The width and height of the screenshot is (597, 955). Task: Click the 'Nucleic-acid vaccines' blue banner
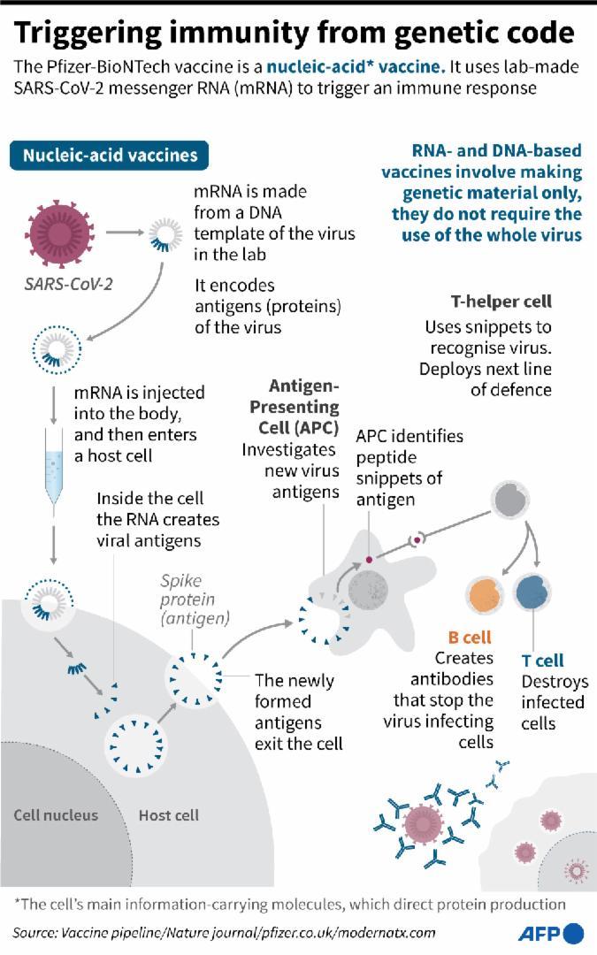[109, 156]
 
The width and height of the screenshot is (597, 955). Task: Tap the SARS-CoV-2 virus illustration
[60, 233]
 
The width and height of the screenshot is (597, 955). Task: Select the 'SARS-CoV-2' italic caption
[68, 284]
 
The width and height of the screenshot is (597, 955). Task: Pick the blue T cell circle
[532, 592]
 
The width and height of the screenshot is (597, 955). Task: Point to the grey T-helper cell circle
[510, 500]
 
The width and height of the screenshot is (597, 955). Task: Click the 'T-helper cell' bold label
[501, 302]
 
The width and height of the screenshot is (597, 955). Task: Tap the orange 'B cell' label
[470, 638]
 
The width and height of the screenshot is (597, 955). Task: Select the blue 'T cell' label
[543, 661]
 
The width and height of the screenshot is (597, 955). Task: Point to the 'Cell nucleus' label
[56, 815]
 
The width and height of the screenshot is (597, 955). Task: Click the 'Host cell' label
[169, 815]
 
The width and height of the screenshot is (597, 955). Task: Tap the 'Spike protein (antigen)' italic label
[195, 600]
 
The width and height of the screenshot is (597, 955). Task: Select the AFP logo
[551, 933]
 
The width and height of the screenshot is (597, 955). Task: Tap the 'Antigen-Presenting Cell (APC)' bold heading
[295, 407]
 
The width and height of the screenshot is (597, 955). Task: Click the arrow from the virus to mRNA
[125, 232]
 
